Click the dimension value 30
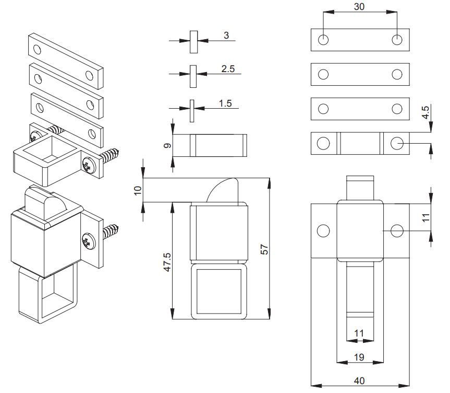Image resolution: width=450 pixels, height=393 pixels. point(359,7)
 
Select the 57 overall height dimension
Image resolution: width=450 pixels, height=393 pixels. point(264,248)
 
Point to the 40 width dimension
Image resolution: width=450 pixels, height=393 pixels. point(359,380)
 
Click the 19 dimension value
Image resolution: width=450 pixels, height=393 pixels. point(359,357)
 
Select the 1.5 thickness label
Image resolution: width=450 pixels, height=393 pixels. point(225,103)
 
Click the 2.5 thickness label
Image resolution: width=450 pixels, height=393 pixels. point(228,68)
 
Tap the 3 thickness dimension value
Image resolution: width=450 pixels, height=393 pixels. point(226,35)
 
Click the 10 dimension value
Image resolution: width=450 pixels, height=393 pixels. point(138,190)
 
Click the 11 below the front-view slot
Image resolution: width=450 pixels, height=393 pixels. point(359,333)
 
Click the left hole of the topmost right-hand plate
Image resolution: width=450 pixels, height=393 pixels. point(324,40)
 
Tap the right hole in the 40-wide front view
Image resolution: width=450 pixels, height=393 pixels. point(397,230)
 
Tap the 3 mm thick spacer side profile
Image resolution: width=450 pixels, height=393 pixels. point(193,42)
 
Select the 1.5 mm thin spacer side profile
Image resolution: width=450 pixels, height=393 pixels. point(192,110)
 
